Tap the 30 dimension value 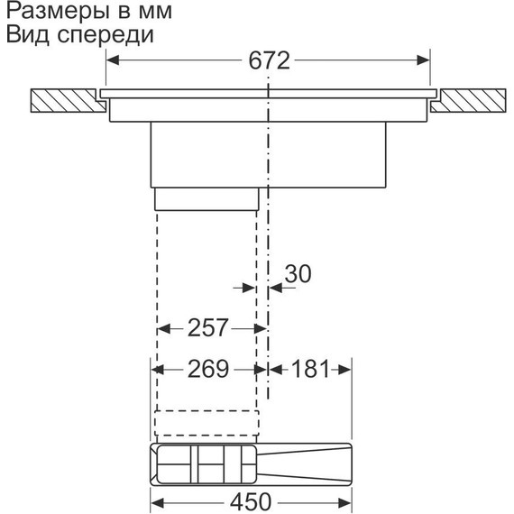coord(298,272)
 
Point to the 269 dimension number coord(207,368)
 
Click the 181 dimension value coord(307,368)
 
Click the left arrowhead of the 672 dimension coord(115,61)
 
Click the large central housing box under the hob coord(268,153)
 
